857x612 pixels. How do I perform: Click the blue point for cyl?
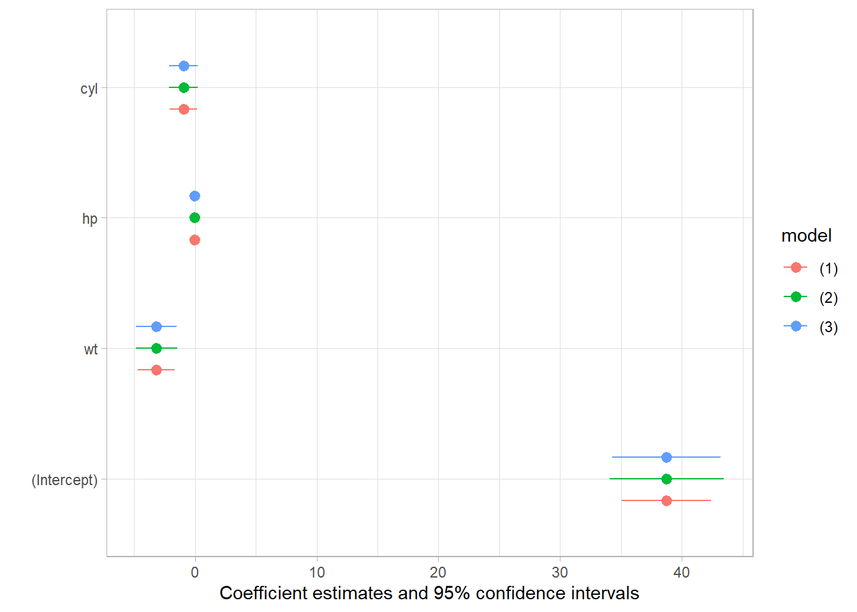184,66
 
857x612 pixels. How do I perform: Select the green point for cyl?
184,87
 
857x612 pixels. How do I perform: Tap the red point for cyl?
184,109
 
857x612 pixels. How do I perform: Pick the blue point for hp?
194,196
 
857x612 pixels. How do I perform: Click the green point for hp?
194,217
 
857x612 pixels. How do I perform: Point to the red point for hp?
194,240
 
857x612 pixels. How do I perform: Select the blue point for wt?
156,326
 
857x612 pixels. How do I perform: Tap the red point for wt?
156,370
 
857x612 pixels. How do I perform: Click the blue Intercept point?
666,457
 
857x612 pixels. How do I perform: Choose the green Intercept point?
666,479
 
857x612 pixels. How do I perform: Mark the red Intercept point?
666,500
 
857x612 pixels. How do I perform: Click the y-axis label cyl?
89,89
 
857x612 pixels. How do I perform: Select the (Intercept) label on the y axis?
64,480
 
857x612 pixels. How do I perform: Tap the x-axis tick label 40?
681,572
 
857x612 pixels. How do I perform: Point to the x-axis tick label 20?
438,572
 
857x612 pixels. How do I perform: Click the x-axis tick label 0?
194,572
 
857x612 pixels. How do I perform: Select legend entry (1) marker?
796,268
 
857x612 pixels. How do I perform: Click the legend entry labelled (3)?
828,327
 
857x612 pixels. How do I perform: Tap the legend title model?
806,236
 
